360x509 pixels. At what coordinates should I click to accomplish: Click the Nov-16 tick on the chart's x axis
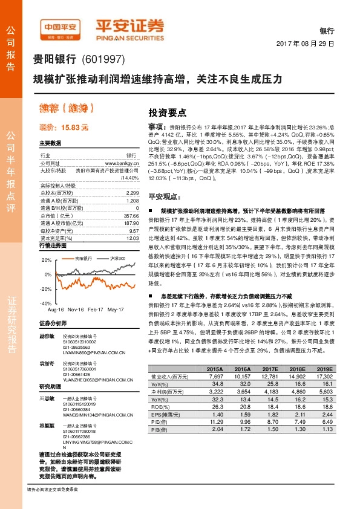[75, 309]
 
